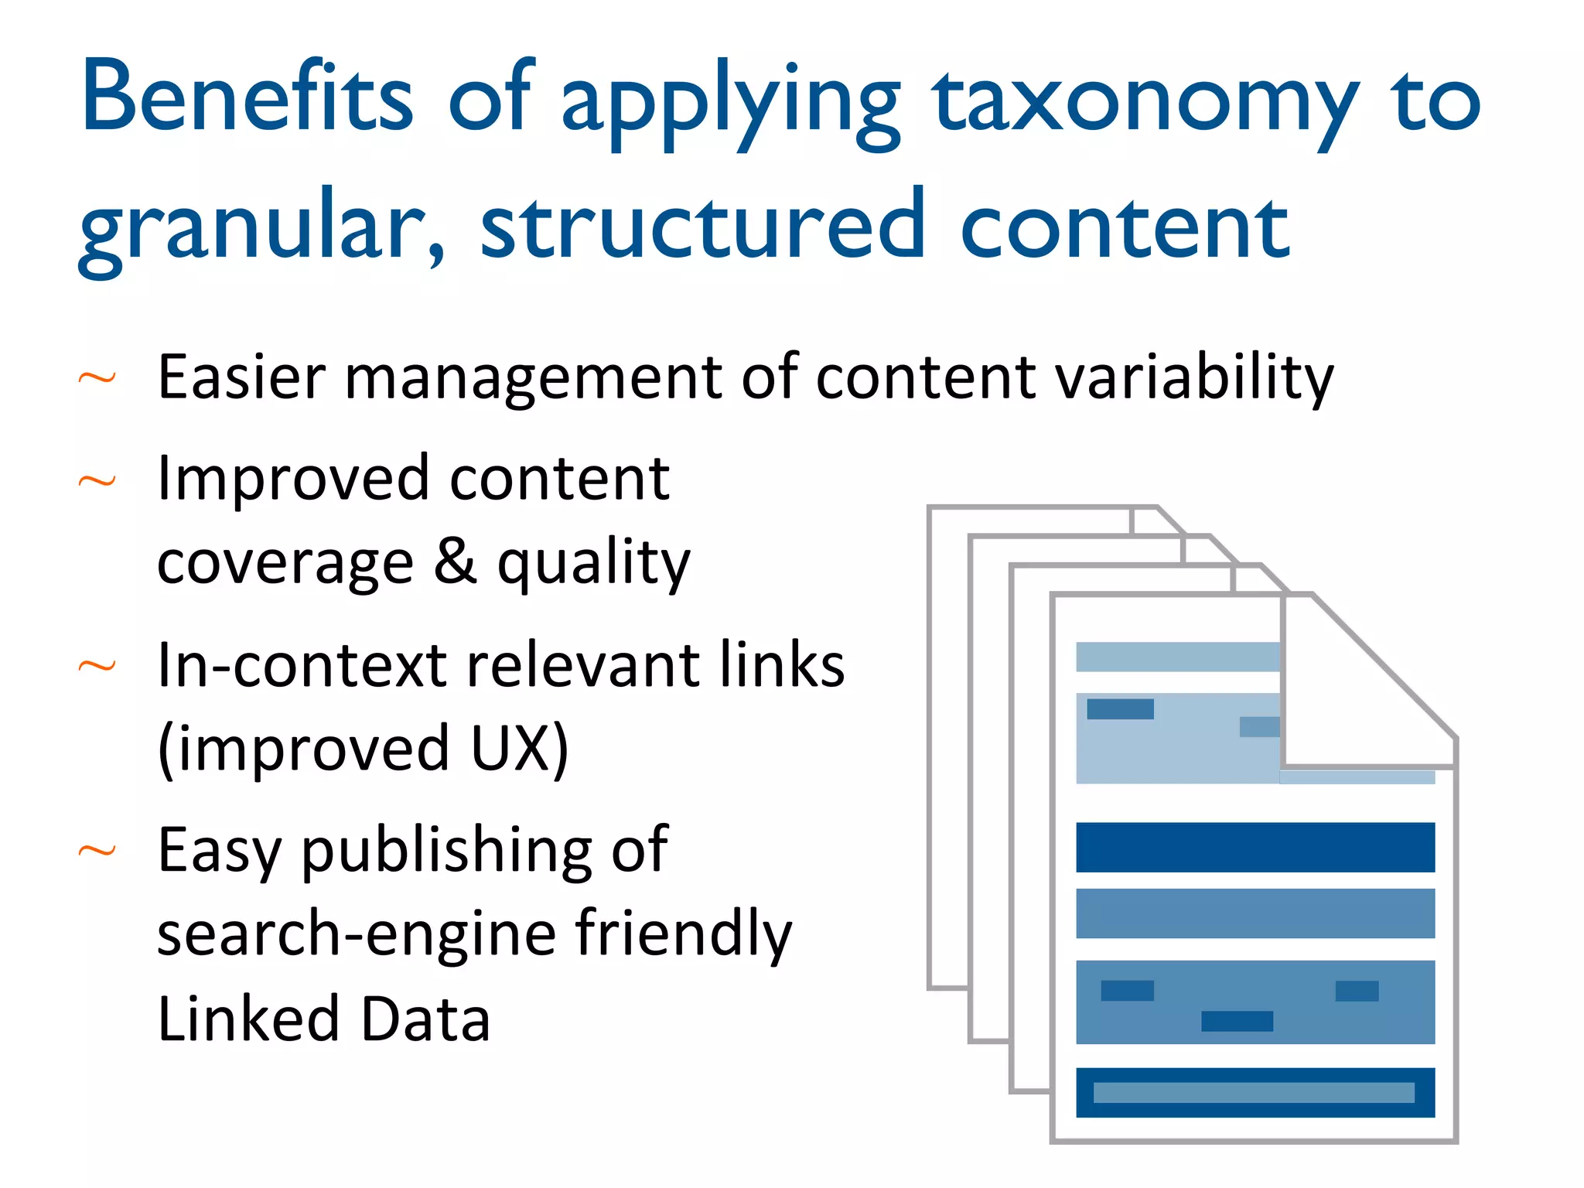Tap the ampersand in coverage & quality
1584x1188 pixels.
(455, 561)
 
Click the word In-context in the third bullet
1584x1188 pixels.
(302, 665)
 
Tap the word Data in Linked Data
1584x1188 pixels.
(425, 1019)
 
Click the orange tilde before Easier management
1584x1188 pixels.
(97, 378)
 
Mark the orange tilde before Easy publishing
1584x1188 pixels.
(97, 852)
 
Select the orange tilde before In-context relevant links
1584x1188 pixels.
(97, 666)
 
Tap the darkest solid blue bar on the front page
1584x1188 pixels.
(1255, 848)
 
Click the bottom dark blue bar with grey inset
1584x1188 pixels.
(1255, 1092)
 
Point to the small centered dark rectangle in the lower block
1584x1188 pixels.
(1237, 1021)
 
